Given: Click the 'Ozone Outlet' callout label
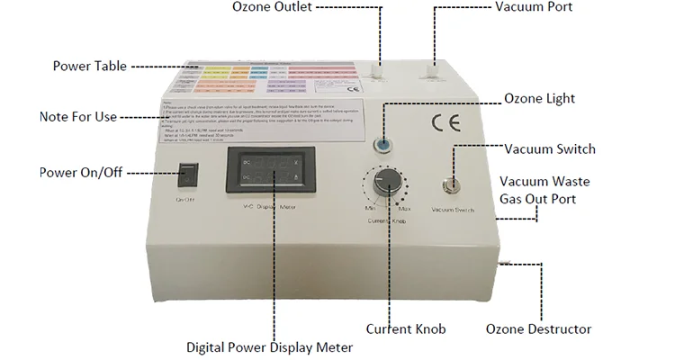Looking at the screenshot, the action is (273, 8).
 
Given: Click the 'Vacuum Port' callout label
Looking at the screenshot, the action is (533, 8).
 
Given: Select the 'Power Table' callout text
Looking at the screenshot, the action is (90, 66).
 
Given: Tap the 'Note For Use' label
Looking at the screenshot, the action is (79, 117).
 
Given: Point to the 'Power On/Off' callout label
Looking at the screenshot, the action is (80, 173).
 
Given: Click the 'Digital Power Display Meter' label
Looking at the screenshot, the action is (269, 346).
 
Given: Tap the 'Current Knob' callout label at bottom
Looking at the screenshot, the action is (406, 328).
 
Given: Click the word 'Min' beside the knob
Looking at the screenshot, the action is (370, 209).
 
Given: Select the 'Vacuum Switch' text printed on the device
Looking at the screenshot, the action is (453, 210).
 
